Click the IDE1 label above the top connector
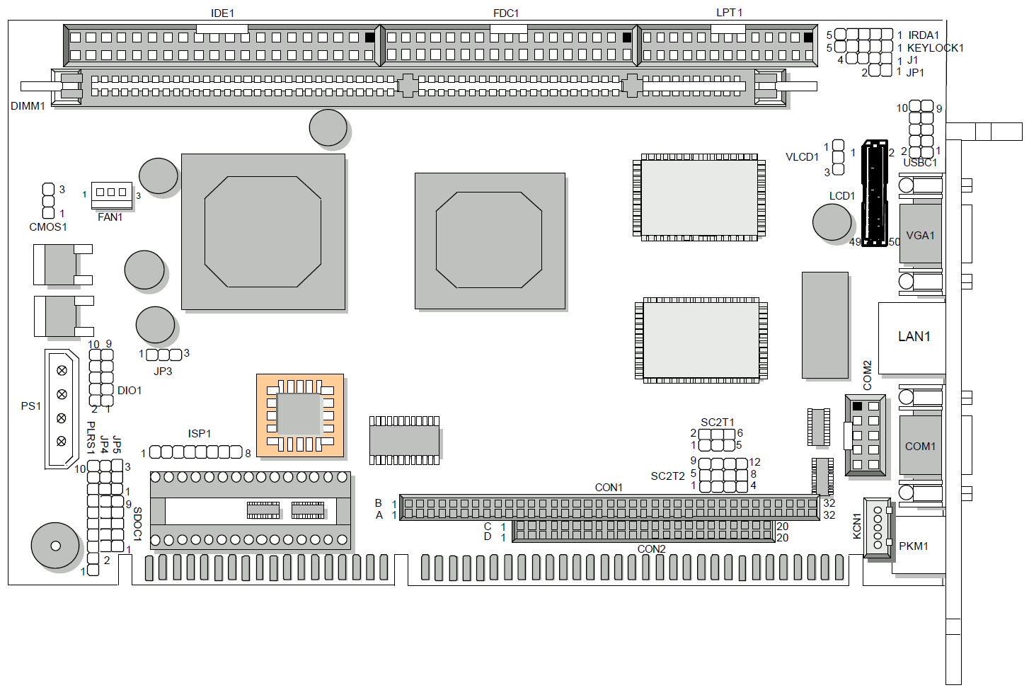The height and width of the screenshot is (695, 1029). [222, 13]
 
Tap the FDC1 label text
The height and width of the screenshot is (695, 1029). [506, 13]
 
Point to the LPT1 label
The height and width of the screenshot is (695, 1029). [729, 13]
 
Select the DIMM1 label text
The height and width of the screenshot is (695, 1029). [28, 106]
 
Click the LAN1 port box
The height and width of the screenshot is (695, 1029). [913, 338]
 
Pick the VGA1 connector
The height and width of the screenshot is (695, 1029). [920, 234]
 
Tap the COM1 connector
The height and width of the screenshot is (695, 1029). [920, 446]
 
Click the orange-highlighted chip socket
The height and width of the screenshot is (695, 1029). [300, 415]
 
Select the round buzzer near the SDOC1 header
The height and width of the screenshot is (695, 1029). [55, 546]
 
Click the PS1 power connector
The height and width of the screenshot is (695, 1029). [62, 408]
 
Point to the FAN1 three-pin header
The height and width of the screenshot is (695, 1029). [112, 193]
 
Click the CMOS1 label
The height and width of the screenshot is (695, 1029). [48, 227]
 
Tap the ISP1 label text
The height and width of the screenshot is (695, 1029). [200, 434]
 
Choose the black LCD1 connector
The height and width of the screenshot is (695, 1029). [875, 193]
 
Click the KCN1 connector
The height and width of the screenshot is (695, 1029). [878, 528]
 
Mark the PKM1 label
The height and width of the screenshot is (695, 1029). [913, 546]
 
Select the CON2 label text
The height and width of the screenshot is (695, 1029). [651, 549]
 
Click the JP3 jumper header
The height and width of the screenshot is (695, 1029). [164, 355]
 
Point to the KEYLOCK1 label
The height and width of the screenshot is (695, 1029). [935, 48]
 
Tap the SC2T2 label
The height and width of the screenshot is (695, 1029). [667, 476]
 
